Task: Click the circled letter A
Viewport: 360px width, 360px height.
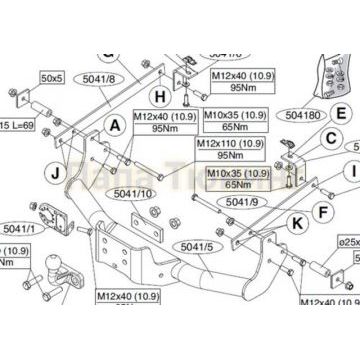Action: tap(115, 125)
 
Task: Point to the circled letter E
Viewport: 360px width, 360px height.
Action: tap(342, 115)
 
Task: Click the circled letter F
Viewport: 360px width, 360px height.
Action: tap(321, 212)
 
